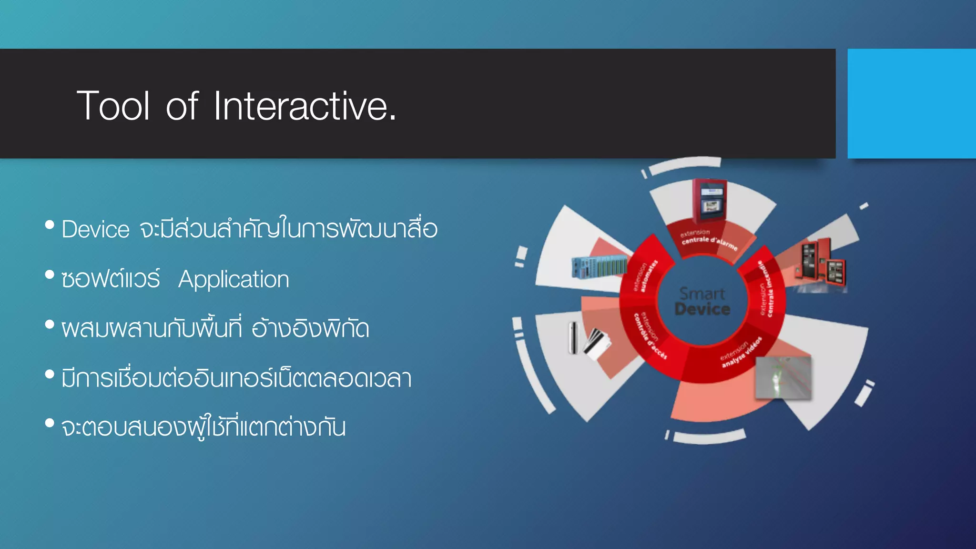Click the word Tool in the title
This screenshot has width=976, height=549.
pos(113,106)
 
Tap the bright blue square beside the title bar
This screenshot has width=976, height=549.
pos(911,103)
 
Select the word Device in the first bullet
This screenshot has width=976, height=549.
pos(96,230)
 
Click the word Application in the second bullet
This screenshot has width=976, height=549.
pos(234,279)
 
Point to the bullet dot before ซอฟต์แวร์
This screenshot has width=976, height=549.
pos(50,274)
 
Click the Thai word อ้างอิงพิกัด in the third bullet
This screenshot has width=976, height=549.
pos(310,328)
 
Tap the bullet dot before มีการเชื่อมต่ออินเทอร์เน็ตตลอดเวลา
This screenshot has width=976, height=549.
pos(50,374)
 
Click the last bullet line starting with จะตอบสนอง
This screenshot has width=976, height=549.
pos(203,427)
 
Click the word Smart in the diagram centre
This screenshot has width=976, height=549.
pos(702,293)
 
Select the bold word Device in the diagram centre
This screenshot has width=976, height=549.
pos(702,309)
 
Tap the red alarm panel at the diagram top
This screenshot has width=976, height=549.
pos(710,200)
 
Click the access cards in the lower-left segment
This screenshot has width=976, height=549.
pos(596,343)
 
